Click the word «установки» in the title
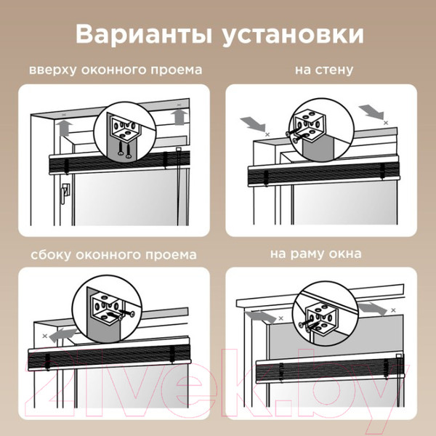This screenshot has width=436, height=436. point(293,36)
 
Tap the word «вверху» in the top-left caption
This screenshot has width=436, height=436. point(52,70)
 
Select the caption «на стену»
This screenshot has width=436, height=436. point(324,70)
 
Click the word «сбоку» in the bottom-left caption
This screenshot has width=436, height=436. point(51,254)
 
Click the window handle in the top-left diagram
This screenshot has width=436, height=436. point(65,193)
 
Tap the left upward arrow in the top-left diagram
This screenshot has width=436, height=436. point(65,128)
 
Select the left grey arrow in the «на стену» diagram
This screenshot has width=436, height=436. point(252,124)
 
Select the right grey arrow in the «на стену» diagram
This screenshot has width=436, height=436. point(371,111)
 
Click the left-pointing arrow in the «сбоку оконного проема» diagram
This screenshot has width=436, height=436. point(62,335)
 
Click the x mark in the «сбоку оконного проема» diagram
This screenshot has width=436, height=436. point(44,336)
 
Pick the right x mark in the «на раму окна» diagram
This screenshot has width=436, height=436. point(393,310)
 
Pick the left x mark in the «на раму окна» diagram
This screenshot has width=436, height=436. point(280,318)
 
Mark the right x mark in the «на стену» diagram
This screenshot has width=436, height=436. point(386,123)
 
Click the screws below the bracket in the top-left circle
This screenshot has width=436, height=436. point(124,150)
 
